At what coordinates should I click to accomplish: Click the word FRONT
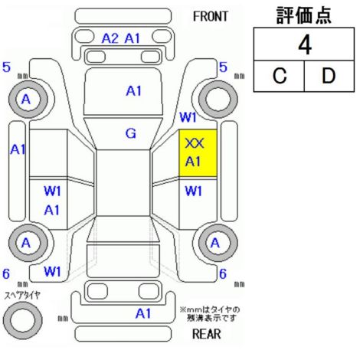point(210,17)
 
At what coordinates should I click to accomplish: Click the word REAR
point(206,334)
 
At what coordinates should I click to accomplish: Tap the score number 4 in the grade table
point(305,45)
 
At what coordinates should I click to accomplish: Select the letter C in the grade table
point(280,76)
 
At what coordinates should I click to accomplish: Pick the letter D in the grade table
point(329,76)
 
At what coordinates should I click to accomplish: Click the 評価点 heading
point(304,15)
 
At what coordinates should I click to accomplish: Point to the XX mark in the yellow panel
point(195,143)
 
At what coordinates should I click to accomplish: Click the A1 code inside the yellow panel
point(193,162)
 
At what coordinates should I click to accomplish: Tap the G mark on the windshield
point(131,133)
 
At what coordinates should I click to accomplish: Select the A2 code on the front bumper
point(110,38)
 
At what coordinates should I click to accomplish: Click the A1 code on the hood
point(134,91)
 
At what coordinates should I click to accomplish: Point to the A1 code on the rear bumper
point(143,313)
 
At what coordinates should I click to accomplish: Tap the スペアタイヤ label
point(22,295)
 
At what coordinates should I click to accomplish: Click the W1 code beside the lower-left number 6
point(52,271)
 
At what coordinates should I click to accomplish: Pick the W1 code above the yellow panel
point(188,117)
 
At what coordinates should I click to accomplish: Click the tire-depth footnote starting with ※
point(210,314)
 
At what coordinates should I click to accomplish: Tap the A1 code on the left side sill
point(18,149)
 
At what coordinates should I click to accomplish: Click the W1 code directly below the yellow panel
point(193,191)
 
